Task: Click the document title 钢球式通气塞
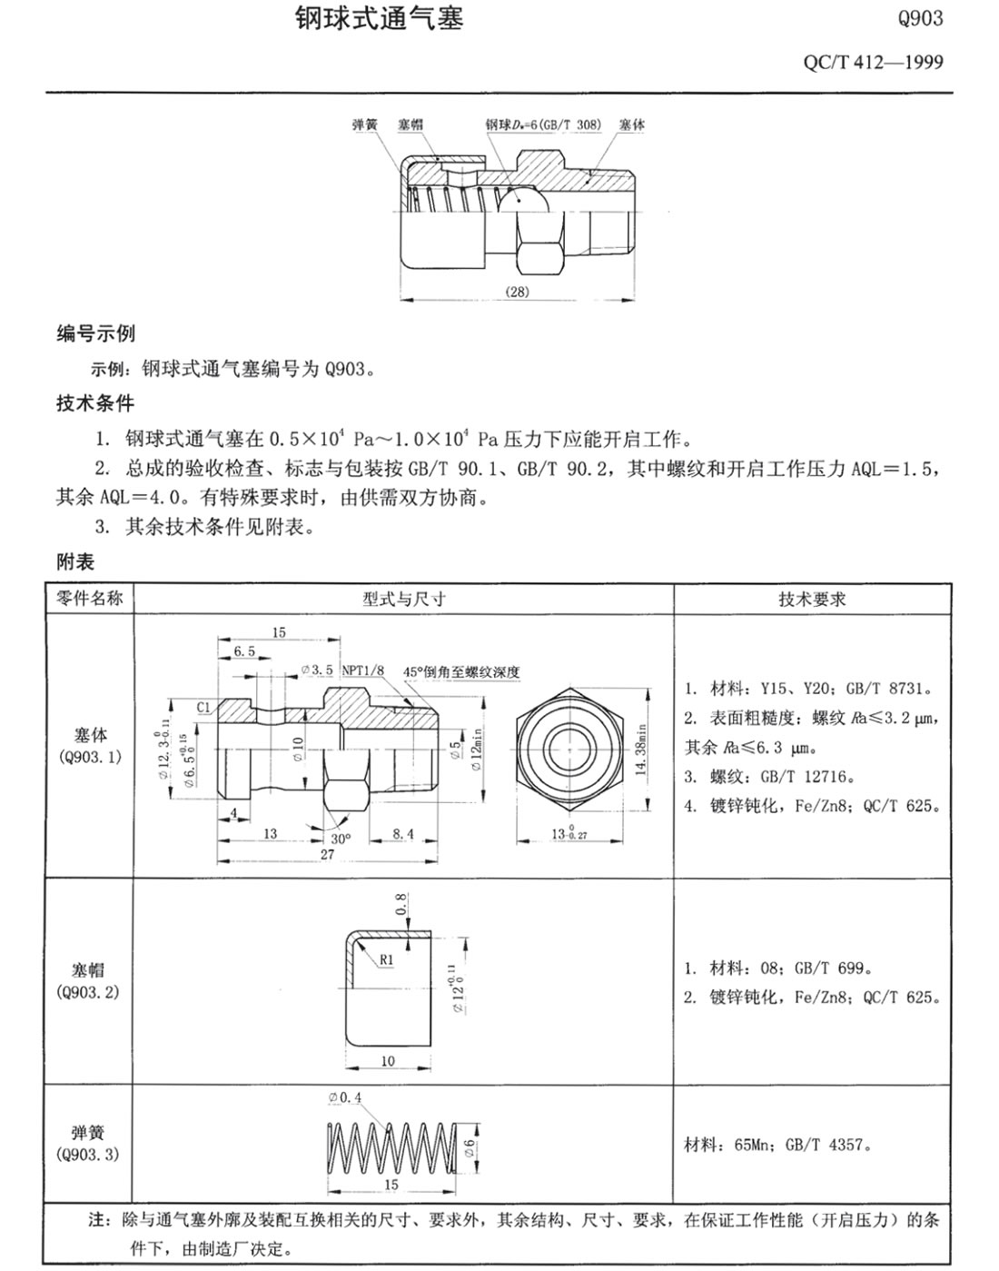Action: (x=380, y=18)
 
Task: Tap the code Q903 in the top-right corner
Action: (x=920, y=18)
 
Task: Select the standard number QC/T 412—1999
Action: (x=873, y=63)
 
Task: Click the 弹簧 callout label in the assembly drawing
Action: (x=364, y=124)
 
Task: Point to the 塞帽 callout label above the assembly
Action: (x=410, y=124)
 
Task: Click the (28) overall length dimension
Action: (x=517, y=292)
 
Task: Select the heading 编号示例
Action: (x=95, y=333)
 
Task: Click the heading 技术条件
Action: (x=95, y=403)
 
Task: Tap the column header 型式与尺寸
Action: (x=404, y=599)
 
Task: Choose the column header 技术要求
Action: (x=812, y=599)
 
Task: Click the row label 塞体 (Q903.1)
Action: (x=91, y=744)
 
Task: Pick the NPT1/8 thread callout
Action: (x=363, y=670)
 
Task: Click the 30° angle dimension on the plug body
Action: (x=340, y=839)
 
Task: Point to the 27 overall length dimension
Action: (x=327, y=855)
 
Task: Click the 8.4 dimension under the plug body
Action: (x=403, y=833)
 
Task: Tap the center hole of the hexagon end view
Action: (x=570, y=747)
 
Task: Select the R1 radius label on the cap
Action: (x=387, y=959)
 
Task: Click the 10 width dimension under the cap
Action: (x=388, y=1060)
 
